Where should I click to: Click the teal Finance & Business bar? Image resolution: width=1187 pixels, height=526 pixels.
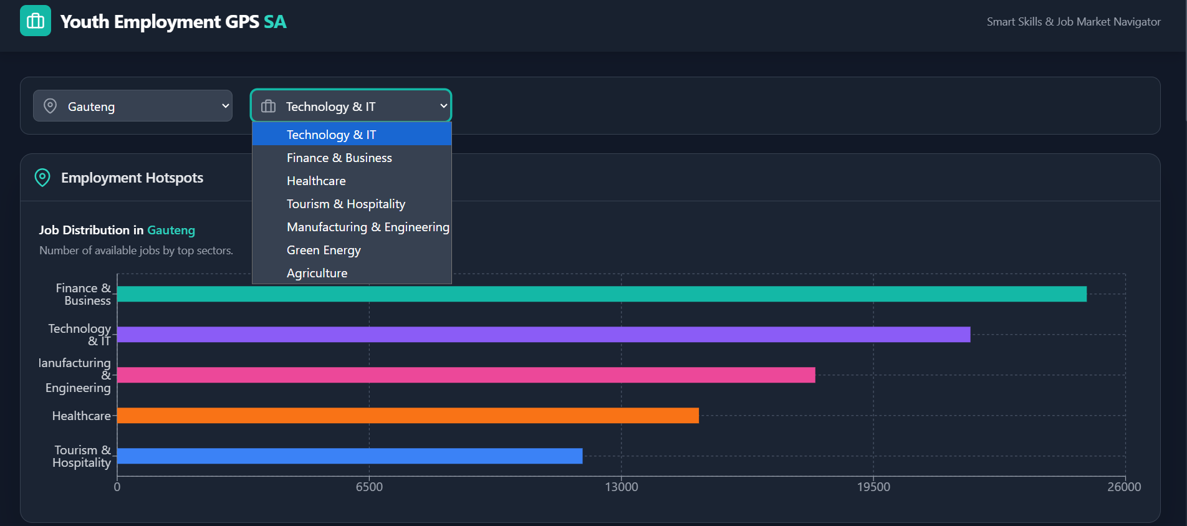point(602,294)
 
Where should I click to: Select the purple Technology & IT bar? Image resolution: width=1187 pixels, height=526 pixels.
point(544,335)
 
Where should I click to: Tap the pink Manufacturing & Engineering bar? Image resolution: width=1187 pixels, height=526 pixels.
point(466,375)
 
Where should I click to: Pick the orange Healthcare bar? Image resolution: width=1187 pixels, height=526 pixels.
point(408,416)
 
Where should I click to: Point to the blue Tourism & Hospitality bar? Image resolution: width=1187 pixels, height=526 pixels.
point(350,456)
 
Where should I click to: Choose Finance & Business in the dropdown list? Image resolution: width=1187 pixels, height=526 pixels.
point(339,158)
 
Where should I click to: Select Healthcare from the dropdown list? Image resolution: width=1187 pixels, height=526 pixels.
point(316,181)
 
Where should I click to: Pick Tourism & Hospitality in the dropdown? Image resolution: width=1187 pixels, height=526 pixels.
point(346,204)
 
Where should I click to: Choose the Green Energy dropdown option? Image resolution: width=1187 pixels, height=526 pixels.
point(324,251)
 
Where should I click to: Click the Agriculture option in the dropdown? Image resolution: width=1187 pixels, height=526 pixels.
point(317,274)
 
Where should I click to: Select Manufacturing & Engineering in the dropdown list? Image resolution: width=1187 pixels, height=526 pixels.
point(367,227)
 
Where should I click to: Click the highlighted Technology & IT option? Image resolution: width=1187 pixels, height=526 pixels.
point(331,135)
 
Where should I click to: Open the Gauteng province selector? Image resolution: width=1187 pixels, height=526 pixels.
point(133,106)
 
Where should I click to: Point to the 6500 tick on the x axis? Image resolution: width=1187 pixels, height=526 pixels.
point(369,487)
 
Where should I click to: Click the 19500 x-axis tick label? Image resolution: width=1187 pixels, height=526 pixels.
point(873,487)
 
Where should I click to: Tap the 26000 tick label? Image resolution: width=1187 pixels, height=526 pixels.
point(1124,487)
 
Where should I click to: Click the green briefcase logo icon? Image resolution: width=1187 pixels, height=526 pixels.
point(36,21)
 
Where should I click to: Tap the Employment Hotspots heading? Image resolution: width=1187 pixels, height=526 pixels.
point(132,178)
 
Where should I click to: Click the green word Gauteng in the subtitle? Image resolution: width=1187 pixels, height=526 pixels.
point(171,231)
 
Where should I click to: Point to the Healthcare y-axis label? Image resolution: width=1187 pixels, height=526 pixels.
point(81,416)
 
